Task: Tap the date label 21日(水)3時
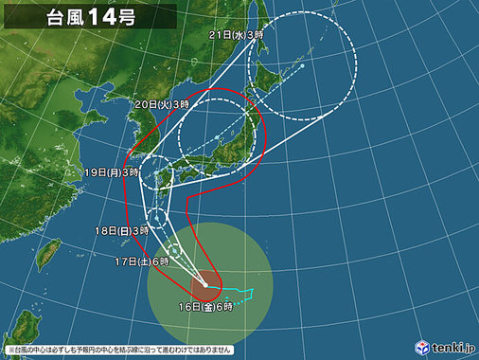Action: coord(236,34)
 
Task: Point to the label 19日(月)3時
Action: coord(111,172)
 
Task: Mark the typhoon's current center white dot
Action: coord(206,283)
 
